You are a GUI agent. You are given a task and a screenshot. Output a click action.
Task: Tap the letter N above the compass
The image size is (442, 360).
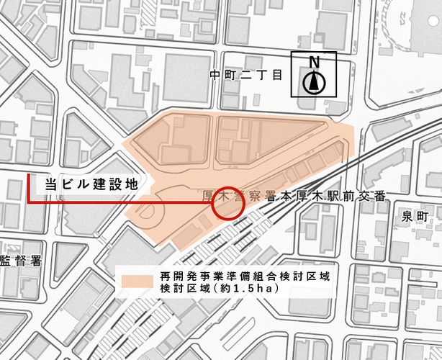tap(313, 63)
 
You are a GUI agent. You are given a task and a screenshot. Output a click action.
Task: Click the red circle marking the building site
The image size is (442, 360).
tap(230, 204)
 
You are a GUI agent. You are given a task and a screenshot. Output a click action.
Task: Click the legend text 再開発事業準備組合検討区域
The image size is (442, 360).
tap(245, 276)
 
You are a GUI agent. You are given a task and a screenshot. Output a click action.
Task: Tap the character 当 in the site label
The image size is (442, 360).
tap(51, 184)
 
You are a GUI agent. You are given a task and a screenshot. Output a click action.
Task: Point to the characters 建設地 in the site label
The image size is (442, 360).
tap(114, 184)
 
